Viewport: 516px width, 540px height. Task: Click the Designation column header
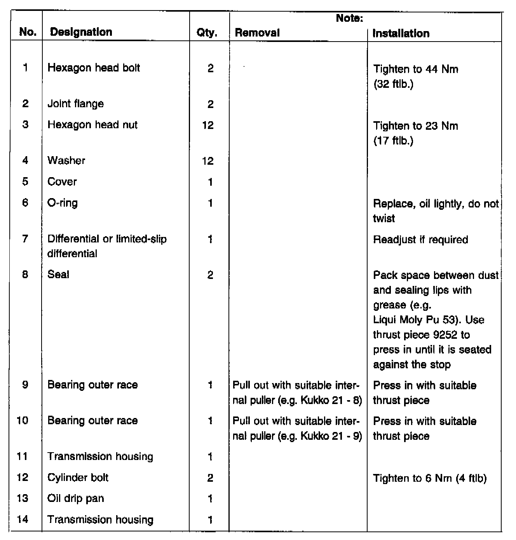coord(81,32)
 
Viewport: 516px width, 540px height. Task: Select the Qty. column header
coord(207,33)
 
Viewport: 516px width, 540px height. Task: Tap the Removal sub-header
coord(257,33)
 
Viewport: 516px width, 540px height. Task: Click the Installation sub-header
coord(401,33)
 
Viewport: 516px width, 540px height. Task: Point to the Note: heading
coord(349,18)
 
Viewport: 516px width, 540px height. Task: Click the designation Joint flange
coord(75,104)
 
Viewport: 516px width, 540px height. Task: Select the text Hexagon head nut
coord(92,125)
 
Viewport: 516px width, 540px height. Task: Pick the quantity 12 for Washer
coord(208,161)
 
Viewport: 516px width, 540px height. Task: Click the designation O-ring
coord(62,203)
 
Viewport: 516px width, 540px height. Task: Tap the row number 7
coord(25,239)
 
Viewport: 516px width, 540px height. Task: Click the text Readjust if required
coord(420,239)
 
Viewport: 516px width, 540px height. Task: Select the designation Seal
coord(58,274)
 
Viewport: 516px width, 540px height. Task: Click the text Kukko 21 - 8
coord(331,400)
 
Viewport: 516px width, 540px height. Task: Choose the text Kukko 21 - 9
coord(331,436)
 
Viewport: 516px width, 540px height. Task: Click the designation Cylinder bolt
coord(78,477)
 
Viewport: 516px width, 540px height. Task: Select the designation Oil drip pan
coord(75,498)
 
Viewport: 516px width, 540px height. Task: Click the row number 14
coord(23,519)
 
